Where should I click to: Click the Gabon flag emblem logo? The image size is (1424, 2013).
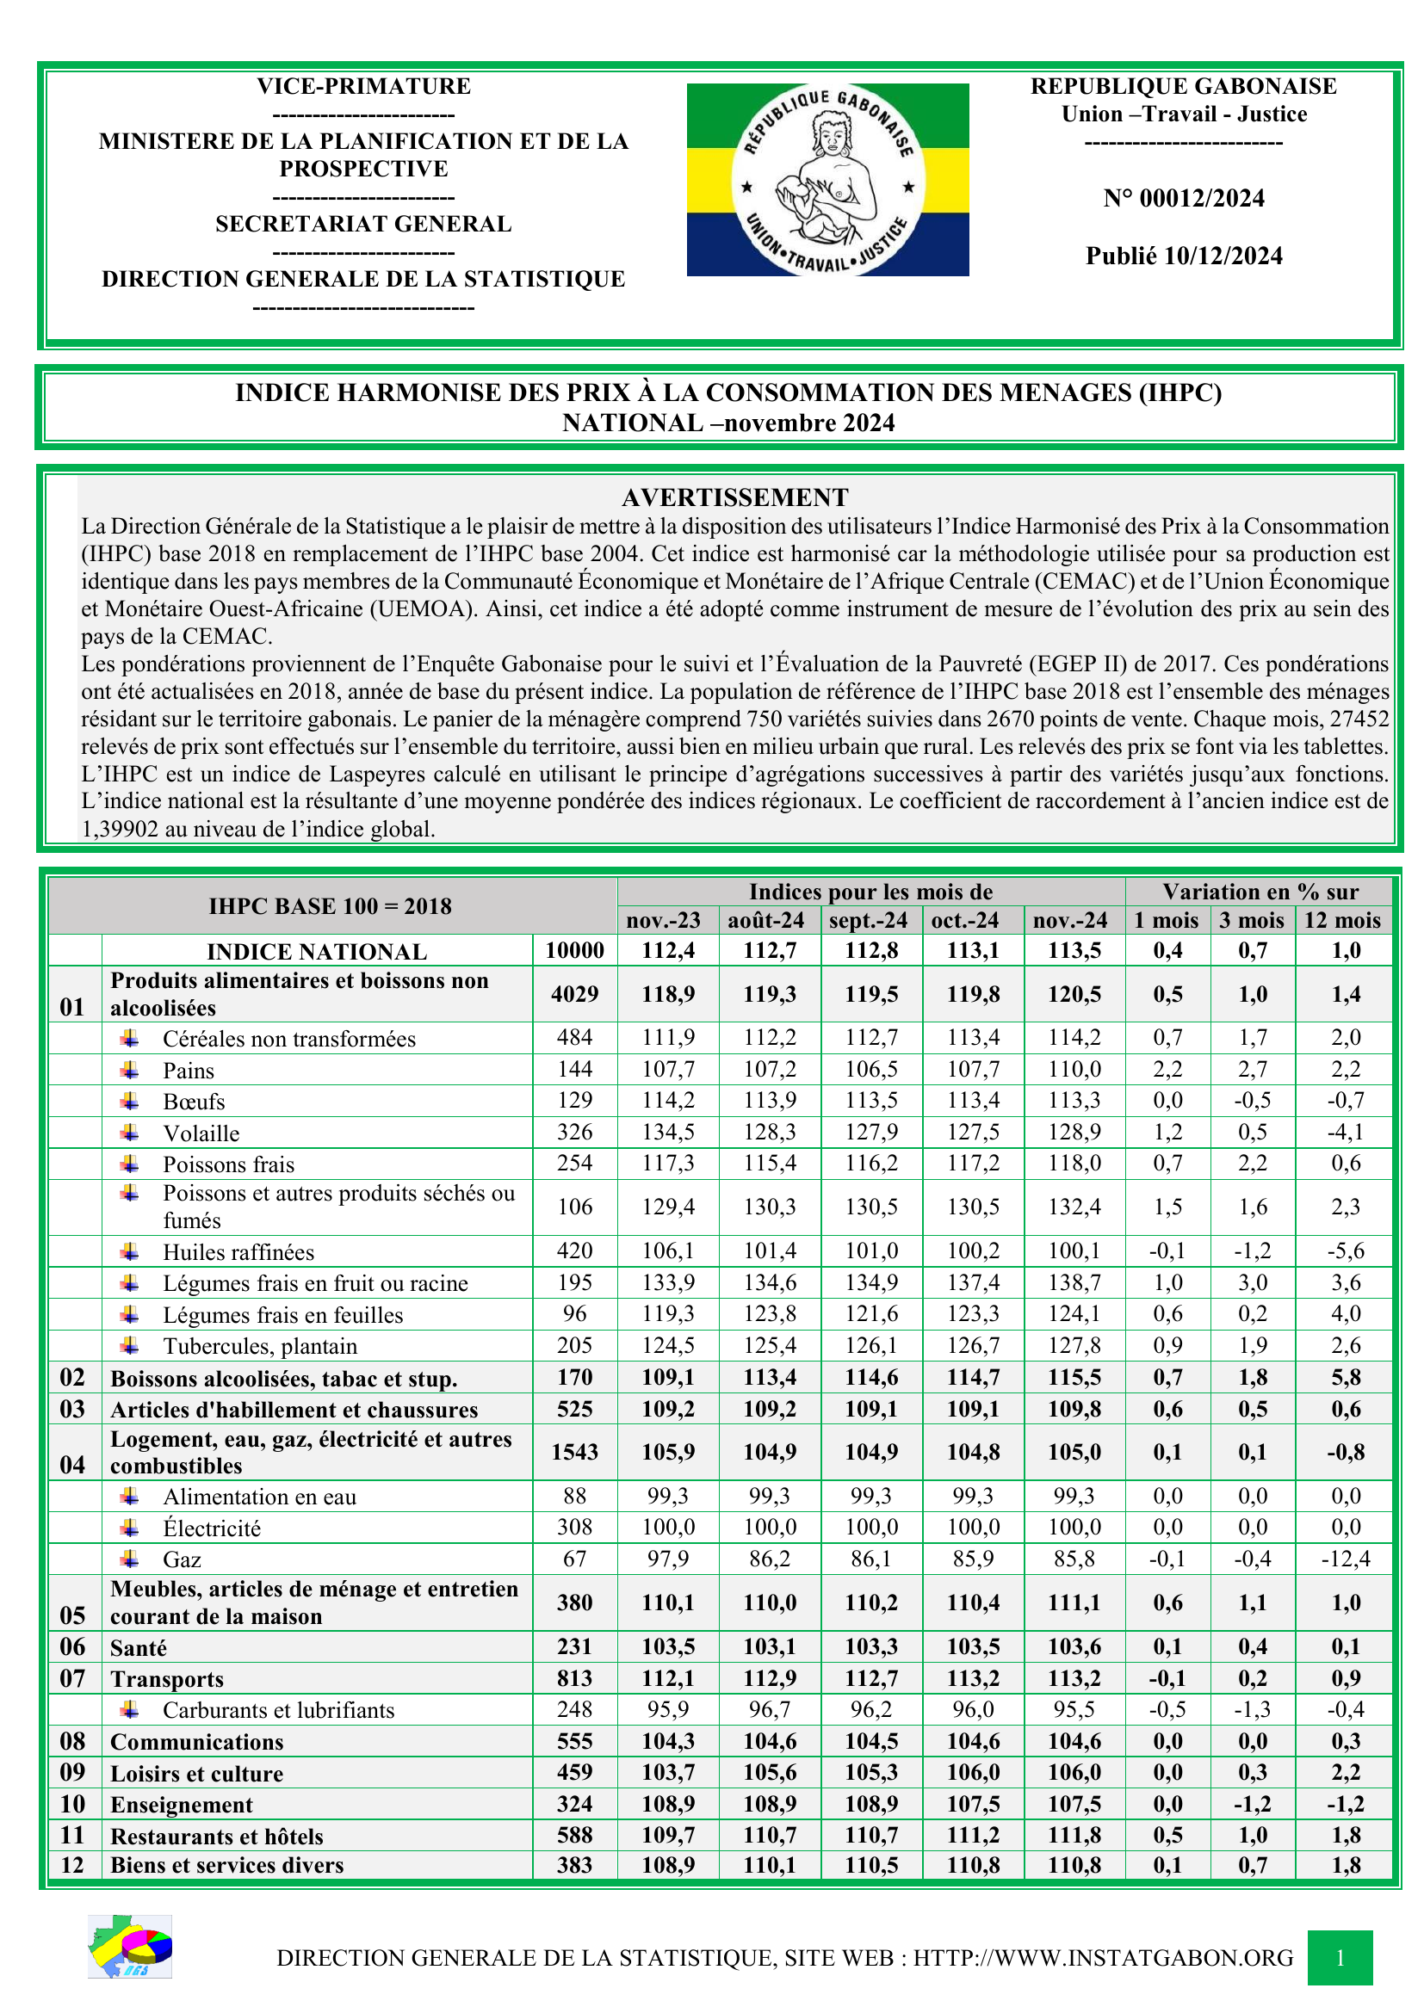pyautogui.click(x=827, y=180)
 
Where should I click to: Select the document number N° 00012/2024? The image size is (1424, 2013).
pyautogui.click(x=1184, y=199)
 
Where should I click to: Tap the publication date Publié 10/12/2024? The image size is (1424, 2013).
pyautogui.click(x=1184, y=256)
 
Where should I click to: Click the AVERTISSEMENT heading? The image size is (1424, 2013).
pyautogui.click(x=734, y=498)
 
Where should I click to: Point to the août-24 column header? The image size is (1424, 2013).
pyautogui.click(x=766, y=921)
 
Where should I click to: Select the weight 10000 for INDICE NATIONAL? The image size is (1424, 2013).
pyautogui.click(x=574, y=950)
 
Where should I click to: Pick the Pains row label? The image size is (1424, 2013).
pyautogui.click(x=189, y=1071)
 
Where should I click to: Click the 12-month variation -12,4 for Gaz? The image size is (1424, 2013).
pyautogui.click(x=1345, y=1559)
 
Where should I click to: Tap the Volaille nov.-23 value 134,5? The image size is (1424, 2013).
pyautogui.click(x=668, y=1132)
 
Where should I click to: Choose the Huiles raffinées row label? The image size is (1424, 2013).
pyautogui.click(x=238, y=1252)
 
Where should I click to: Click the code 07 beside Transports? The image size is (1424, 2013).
pyautogui.click(x=73, y=1679)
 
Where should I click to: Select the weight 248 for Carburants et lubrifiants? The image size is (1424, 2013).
pyautogui.click(x=574, y=1710)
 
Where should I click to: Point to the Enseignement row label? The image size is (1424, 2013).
pyautogui.click(x=182, y=1806)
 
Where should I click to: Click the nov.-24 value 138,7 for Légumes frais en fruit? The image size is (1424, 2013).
pyautogui.click(x=1074, y=1282)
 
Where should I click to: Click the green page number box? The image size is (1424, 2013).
pyautogui.click(x=1340, y=1958)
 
